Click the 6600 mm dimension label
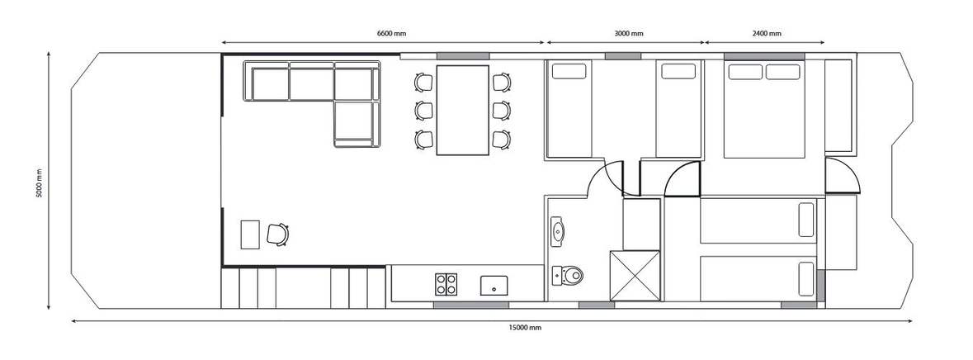coord(391,34)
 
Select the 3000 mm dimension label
coord(629,34)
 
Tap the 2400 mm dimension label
coord(767,34)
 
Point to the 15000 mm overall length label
coord(524,328)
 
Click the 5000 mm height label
coord(39,183)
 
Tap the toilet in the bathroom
coord(567,275)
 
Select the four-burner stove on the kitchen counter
coord(446,284)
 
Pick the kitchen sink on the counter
coord(494,286)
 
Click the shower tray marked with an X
coord(635,276)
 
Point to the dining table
coord(462,110)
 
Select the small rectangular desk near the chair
coord(250,234)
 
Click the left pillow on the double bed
coord(745,71)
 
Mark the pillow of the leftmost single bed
coord(569,71)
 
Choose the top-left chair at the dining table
coord(423,82)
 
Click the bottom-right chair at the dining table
coord(502,139)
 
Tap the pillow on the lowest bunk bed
coord(806,279)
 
